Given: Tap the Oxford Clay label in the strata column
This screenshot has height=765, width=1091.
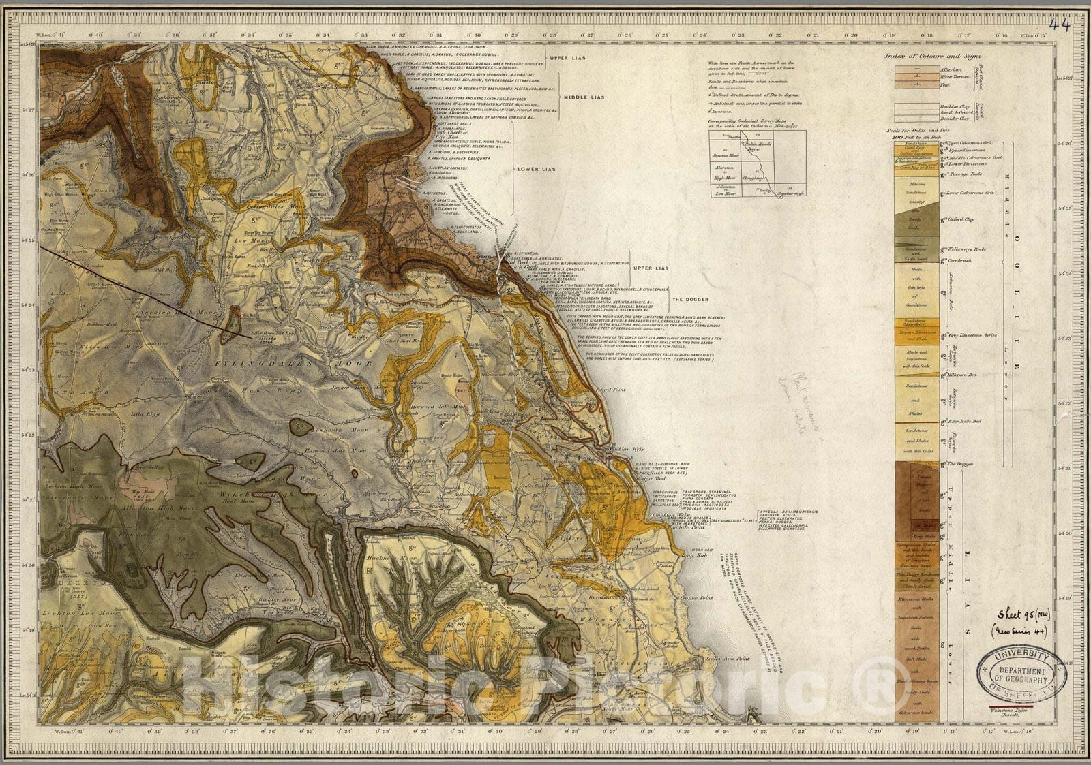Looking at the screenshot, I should click(x=960, y=220).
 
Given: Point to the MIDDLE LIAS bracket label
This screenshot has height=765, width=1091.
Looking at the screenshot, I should click(x=580, y=97).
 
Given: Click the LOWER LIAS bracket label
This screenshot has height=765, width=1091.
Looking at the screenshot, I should click(x=538, y=168).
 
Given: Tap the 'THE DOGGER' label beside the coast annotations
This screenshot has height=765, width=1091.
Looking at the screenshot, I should click(x=689, y=300).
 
